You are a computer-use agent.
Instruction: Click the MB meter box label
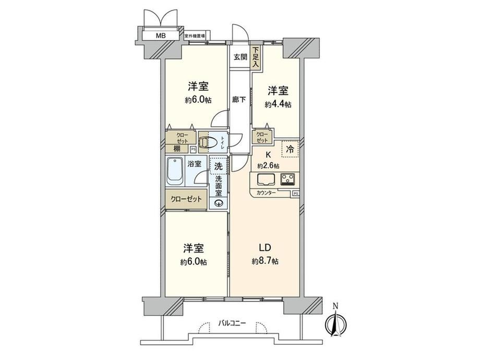[161, 36]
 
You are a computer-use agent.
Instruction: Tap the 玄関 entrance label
[241, 57]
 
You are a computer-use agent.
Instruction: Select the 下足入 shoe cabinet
[256, 57]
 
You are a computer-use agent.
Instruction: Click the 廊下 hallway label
[239, 100]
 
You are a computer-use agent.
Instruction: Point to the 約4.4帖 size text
[278, 105]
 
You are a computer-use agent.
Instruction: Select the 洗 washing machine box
[218, 166]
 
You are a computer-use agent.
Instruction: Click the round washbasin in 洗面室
[219, 202]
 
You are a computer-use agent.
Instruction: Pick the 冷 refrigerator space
[290, 149]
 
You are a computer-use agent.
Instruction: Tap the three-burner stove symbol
[288, 179]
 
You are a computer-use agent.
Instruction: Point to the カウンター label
[266, 193]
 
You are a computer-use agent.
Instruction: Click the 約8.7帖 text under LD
[265, 261]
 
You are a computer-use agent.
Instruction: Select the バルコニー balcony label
[232, 323]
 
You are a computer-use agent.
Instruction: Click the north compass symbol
[335, 321]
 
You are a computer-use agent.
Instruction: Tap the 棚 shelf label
[177, 149]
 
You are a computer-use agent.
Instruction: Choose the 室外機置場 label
[195, 36]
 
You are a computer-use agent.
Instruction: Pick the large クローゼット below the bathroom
[186, 199]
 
